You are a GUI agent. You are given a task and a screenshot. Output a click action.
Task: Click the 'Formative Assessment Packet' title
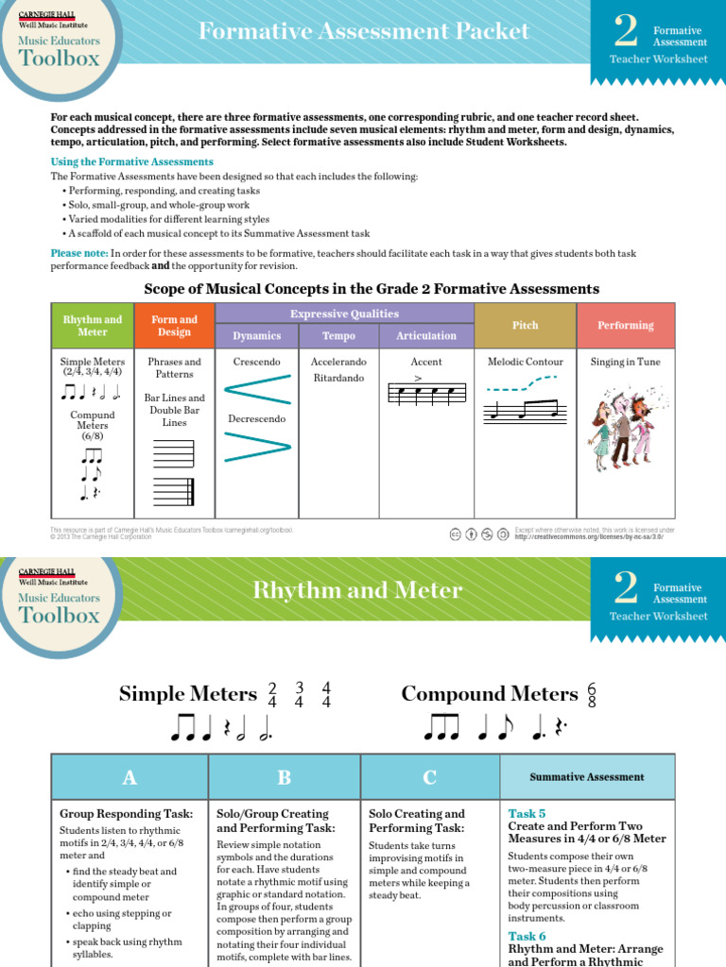(x=363, y=31)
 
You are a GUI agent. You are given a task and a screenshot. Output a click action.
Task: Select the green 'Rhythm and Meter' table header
(x=93, y=326)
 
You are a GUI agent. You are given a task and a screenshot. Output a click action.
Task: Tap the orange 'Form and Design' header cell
(x=175, y=326)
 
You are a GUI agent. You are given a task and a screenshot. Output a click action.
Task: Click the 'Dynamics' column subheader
(x=257, y=336)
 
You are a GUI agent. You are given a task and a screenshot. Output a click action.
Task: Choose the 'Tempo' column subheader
(x=339, y=336)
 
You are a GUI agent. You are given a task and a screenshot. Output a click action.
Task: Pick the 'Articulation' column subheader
(x=426, y=336)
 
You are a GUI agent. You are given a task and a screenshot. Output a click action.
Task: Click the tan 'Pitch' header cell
(x=525, y=326)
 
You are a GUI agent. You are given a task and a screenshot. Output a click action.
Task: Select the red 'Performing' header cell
(x=625, y=326)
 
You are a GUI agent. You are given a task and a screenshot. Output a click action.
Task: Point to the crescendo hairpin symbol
(x=257, y=389)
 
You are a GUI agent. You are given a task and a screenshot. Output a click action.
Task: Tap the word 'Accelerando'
(x=339, y=362)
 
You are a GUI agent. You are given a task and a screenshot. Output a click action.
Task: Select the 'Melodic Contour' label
(x=525, y=362)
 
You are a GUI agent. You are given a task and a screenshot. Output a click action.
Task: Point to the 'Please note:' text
(x=79, y=253)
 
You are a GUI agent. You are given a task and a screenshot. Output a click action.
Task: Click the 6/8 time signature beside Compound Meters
(x=593, y=694)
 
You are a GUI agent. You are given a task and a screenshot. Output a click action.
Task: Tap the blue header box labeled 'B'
(x=285, y=777)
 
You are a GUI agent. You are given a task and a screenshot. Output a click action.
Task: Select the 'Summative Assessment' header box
(x=587, y=777)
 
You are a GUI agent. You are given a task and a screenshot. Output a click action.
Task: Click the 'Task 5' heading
(x=527, y=813)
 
